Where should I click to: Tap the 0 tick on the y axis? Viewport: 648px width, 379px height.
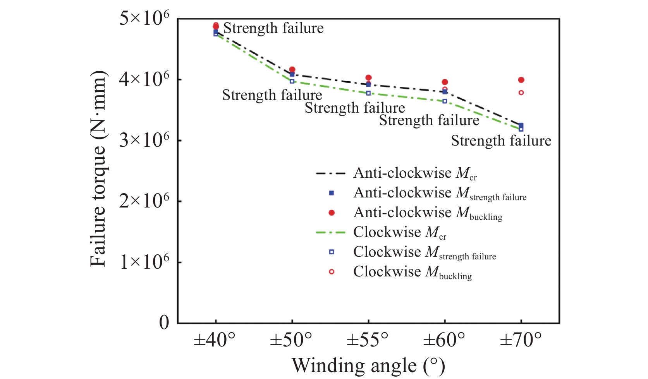click(164, 322)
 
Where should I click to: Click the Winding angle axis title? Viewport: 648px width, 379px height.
click(368, 365)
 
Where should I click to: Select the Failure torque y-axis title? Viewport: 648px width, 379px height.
click(98, 169)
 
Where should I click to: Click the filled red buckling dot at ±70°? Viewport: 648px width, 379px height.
click(521, 80)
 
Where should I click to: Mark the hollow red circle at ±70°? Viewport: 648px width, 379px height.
click(521, 93)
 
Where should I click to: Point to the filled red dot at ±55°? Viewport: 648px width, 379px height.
click(368, 78)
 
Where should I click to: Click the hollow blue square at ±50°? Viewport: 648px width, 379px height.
click(292, 81)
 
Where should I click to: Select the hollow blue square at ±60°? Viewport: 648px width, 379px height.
click(445, 101)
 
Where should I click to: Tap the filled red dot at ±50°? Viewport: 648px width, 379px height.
click(292, 70)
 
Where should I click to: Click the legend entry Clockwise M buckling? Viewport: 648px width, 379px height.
click(412, 272)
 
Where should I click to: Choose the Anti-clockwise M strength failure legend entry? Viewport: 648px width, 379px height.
click(440, 193)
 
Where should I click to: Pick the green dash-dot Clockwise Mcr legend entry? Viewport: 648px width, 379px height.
click(399, 233)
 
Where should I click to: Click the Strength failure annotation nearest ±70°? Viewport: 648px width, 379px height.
click(501, 141)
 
